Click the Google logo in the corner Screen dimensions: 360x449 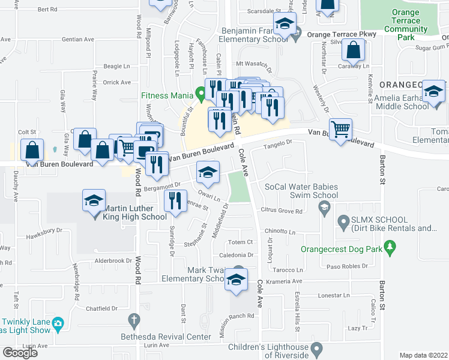[19, 353]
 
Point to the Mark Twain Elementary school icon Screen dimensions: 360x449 [237, 280]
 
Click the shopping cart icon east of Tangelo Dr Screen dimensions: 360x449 [340, 128]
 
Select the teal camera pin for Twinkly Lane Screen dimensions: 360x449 [58, 324]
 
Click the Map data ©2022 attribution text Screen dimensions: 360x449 [423, 355]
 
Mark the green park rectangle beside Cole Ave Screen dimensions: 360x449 [238, 187]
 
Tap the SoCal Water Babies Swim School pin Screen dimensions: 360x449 [325, 208]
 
